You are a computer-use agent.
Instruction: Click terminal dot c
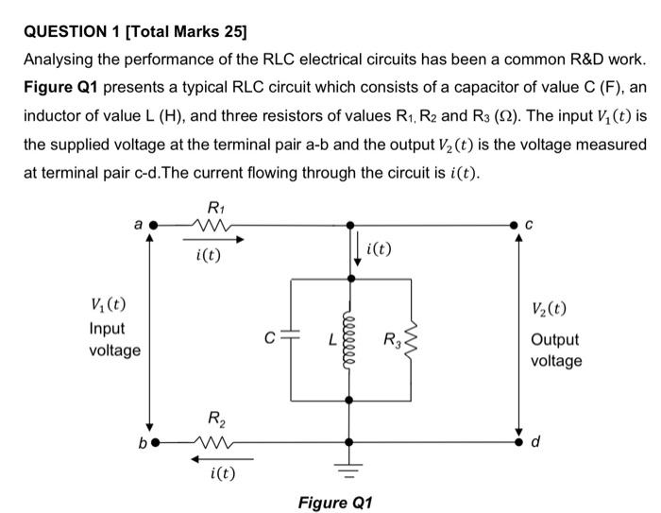tap(517, 227)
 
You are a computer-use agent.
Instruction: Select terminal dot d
tap(517, 441)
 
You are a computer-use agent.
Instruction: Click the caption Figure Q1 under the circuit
tap(335, 502)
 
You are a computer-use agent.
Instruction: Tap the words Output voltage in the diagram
tap(555, 351)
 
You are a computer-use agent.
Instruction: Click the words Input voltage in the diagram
tap(113, 339)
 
